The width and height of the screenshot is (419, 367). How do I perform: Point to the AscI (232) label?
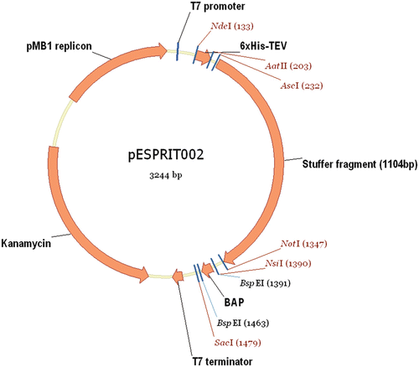301,85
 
